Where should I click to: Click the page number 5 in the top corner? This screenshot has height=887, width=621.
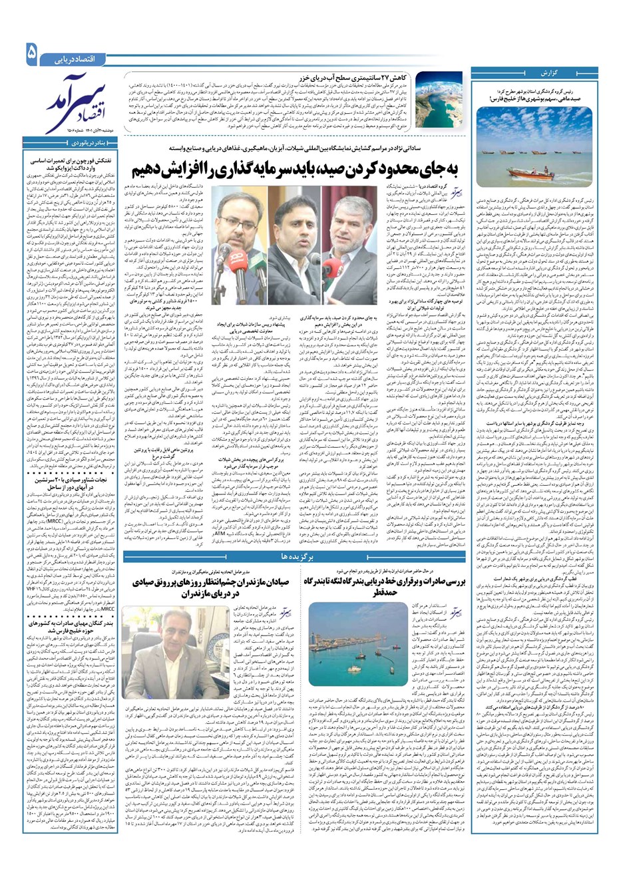coord(31,53)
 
